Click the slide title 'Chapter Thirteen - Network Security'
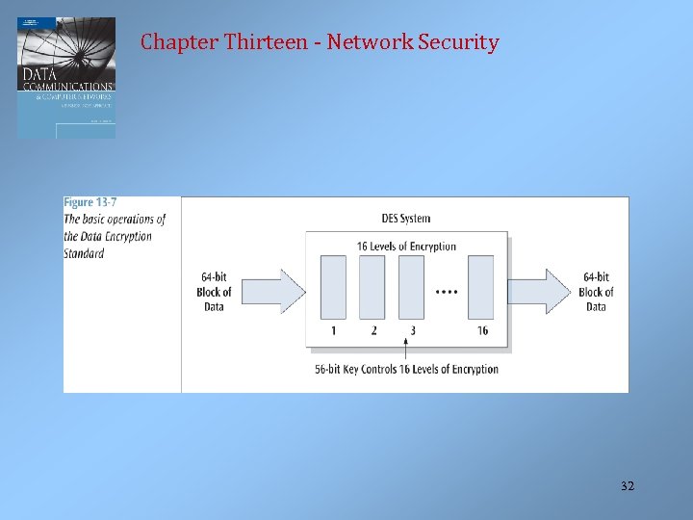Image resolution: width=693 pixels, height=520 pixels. click(x=320, y=42)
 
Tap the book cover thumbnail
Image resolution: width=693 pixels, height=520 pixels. click(x=66, y=77)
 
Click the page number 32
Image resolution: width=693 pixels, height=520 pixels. click(x=628, y=486)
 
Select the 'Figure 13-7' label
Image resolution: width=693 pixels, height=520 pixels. click(x=92, y=202)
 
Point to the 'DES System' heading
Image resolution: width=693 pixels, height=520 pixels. click(x=406, y=219)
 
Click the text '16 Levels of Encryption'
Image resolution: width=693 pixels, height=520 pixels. click(x=406, y=247)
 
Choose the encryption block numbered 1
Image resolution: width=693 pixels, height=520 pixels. click(x=333, y=287)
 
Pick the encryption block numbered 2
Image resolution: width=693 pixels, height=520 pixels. click(x=372, y=287)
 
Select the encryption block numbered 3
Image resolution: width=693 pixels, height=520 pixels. click(x=411, y=287)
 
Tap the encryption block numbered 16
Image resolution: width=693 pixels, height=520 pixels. click(x=481, y=287)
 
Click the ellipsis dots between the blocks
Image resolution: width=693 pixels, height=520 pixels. click(x=447, y=291)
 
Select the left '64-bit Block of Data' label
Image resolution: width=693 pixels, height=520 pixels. click(x=214, y=292)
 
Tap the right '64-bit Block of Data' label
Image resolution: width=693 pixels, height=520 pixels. click(x=596, y=292)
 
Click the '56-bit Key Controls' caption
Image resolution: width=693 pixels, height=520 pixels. click(x=406, y=369)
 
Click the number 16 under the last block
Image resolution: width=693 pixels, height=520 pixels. click(x=482, y=331)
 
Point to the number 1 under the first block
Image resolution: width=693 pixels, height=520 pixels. click(x=333, y=331)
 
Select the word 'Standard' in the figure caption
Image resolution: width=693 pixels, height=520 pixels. click(x=84, y=254)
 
